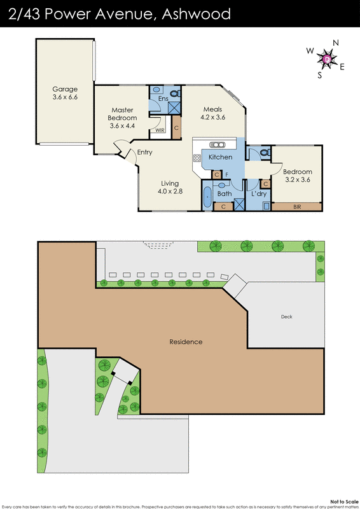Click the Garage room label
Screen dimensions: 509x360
(64, 89)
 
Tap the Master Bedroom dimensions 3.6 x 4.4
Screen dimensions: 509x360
(122, 126)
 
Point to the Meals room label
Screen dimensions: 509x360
(212, 109)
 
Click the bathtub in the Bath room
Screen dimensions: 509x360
(207, 198)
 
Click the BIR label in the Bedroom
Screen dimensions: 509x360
(297, 207)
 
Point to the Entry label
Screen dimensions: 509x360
(144, 152)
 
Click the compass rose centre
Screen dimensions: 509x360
(328, 59)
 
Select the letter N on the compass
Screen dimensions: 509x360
(335, 43)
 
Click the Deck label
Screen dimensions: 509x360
(287, 316)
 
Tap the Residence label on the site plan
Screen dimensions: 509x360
(186, 342)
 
